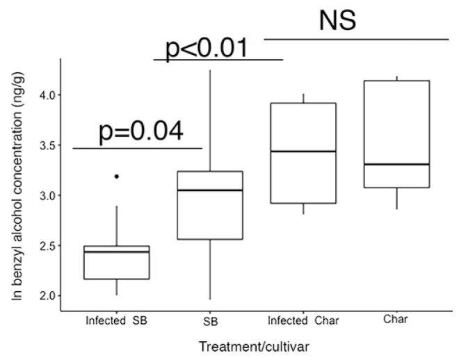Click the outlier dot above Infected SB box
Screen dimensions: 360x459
(x=116, y=177)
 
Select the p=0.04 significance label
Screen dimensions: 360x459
(x=141, y=131)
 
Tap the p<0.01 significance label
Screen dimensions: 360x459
(x=205, y=49)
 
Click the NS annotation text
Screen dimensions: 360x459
(x=337, y=21)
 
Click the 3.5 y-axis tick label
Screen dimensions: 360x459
(x=45, y=145)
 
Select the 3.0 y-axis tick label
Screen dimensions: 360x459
(x=45, y=196)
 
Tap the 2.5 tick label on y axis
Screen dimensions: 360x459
(x=45, y=247)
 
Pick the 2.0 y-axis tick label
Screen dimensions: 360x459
(x=45, y=297)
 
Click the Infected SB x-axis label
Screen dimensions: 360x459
(x=115, y=320)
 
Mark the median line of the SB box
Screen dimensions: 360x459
(x=210, y=190)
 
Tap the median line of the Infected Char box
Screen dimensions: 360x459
(x=303, y=151)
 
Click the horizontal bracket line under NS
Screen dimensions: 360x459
(x=356, y=40)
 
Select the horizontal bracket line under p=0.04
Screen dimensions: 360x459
(x=137, y=148)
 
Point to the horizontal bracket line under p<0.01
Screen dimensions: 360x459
(x=218, y=60)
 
